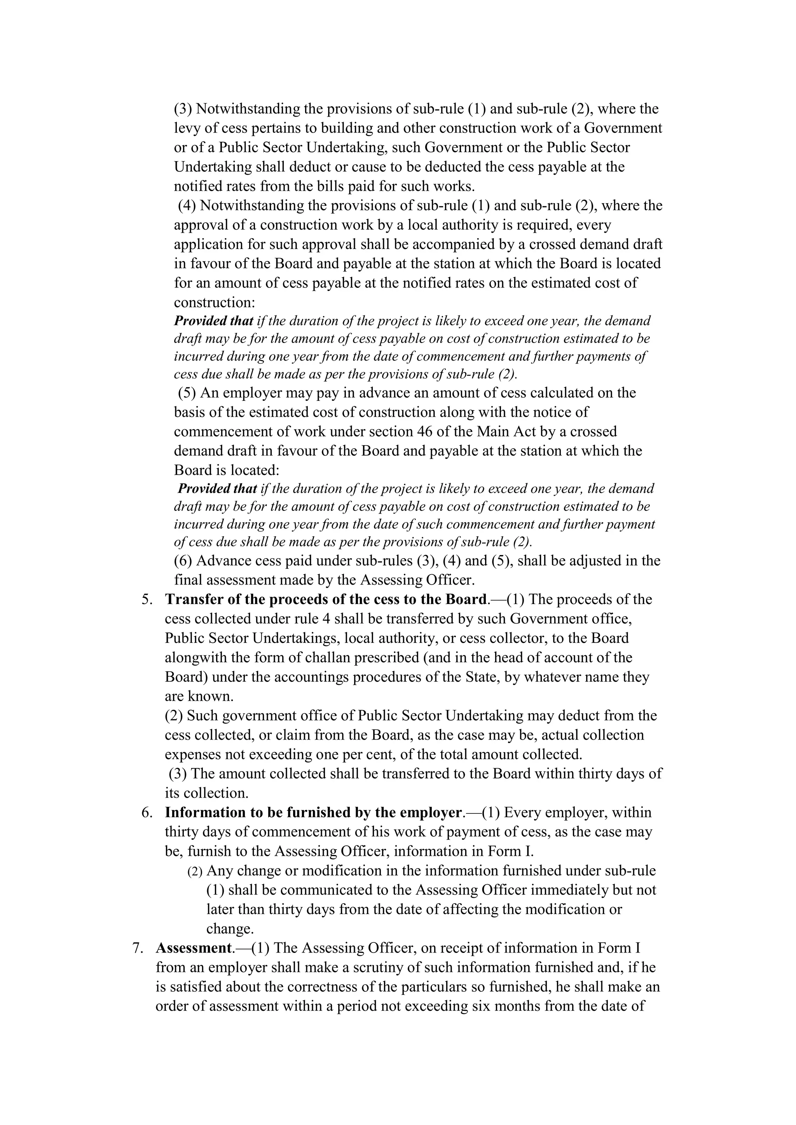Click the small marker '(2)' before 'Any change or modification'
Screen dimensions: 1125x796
195,872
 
